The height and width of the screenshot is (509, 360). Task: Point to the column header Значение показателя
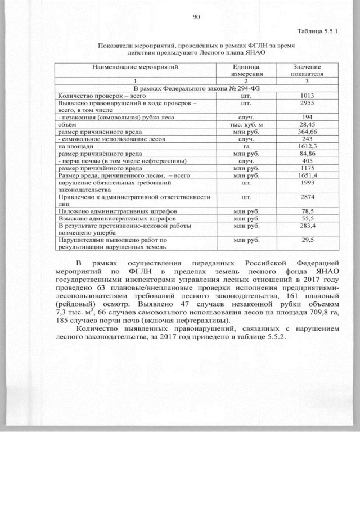pyautogui.click(x=307, y=70)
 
